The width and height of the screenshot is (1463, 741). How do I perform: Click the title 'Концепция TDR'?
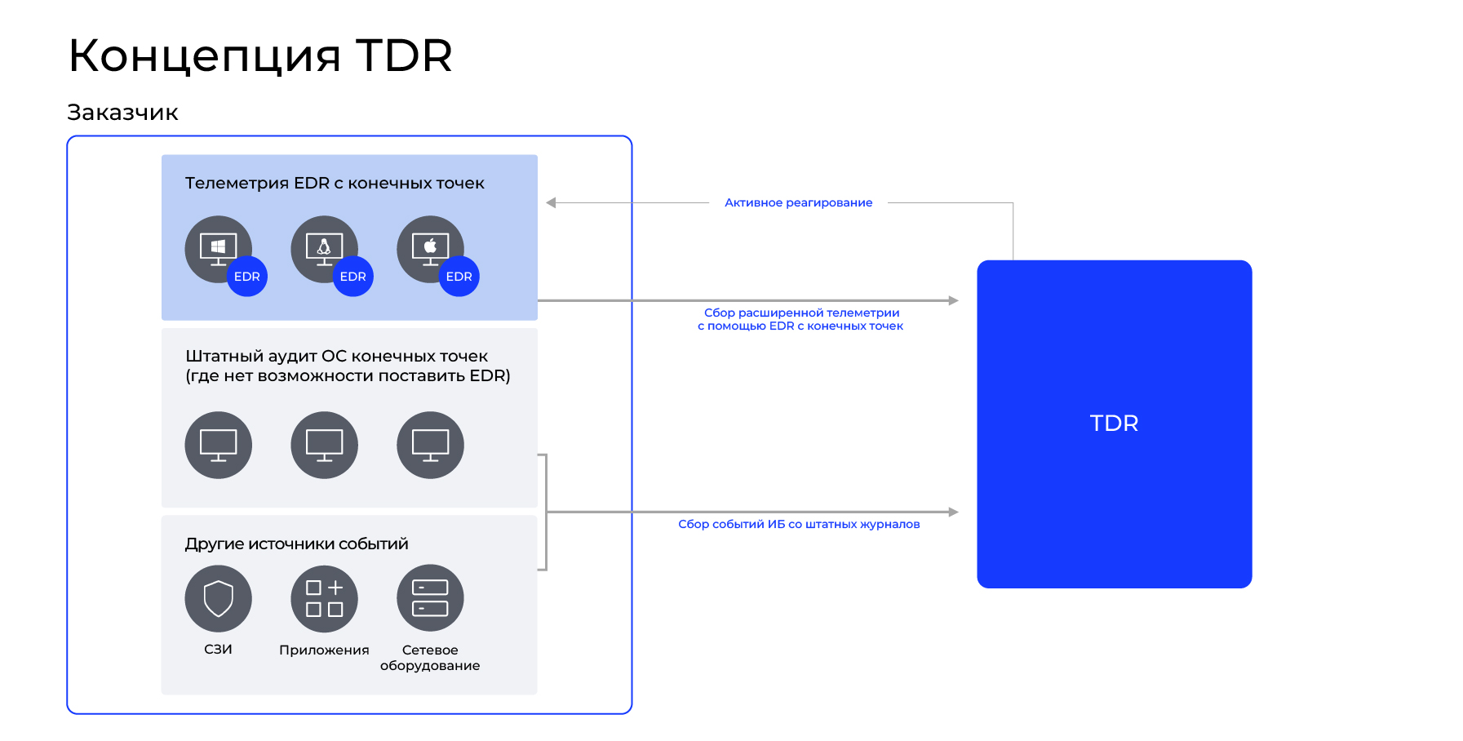pos(259,55)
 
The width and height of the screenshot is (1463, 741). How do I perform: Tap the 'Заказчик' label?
pos(122,113)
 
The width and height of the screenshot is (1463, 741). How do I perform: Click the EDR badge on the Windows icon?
pos(246,277)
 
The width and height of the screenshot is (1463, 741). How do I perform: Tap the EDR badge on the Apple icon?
pos(459,277)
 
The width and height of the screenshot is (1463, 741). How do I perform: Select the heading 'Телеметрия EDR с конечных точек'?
pos(335,184)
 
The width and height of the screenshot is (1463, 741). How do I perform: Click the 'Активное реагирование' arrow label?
pos(798,202)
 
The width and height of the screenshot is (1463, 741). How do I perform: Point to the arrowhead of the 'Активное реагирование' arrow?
pos(552,202)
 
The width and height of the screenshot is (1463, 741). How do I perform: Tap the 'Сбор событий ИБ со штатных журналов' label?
pos(799,524)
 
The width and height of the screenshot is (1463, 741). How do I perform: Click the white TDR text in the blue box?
pos(1114,424)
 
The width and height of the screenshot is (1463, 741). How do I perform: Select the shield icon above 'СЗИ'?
pos(218,598)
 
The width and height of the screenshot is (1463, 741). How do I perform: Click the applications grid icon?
pos(324,598)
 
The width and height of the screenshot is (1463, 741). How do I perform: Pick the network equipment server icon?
pos(430,598)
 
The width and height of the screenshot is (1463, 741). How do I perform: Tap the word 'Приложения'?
pos(324,650)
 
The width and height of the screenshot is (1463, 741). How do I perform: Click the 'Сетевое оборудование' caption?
pos(430,658)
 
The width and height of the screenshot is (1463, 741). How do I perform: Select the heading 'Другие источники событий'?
pos(296,544)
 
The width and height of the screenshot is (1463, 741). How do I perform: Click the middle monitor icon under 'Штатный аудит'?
pos(324,445)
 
